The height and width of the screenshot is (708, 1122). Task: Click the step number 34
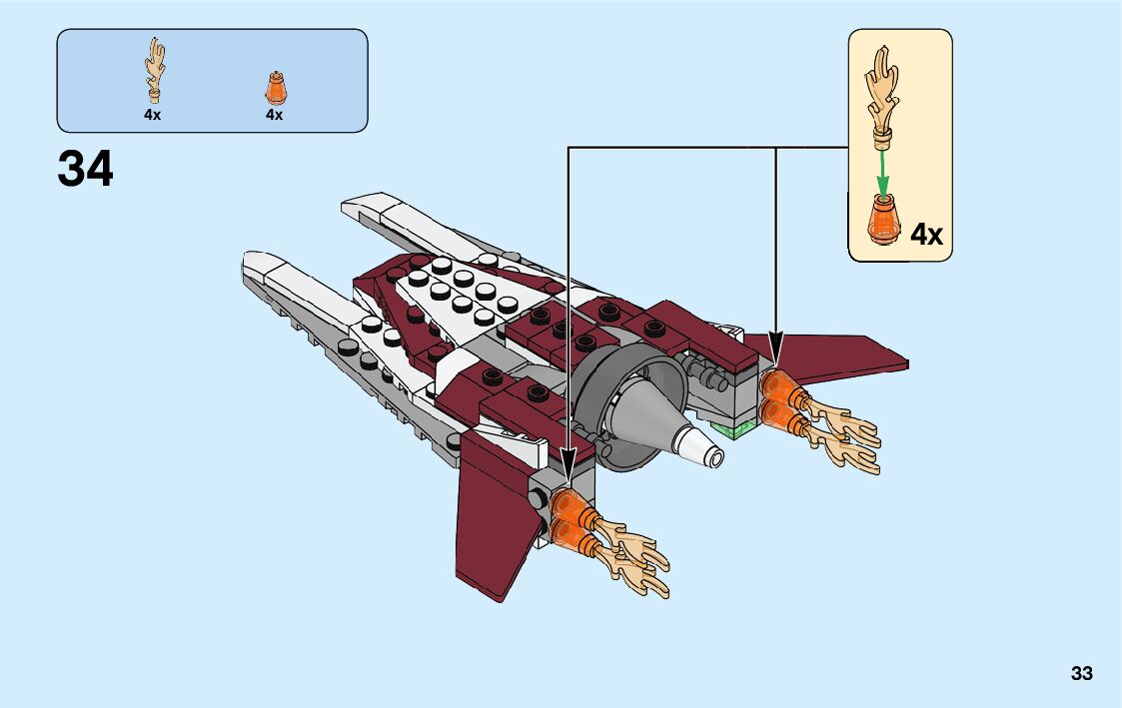(x=86, y=169)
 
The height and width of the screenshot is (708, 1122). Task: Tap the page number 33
(x=1081, y=673)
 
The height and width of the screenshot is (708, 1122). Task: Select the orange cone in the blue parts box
(x=274, y=88)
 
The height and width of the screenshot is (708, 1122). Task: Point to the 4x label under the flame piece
(x=152, y=115)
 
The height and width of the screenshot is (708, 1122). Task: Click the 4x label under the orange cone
(x=274, y=115)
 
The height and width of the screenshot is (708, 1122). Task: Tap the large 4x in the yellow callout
(x=926, y=235)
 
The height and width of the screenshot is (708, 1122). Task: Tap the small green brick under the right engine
(x=740, y=428)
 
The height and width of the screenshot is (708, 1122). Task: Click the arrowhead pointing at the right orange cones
(x=776, y=353)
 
